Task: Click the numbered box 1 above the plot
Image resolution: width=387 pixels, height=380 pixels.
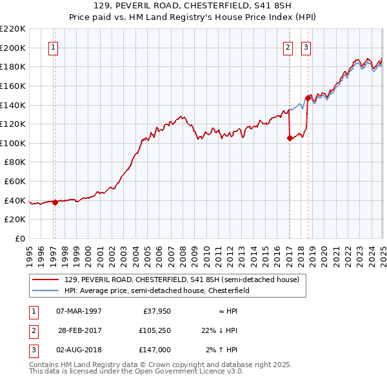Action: coord(52,47)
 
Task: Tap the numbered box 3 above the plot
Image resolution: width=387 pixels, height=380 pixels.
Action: coord(305,47)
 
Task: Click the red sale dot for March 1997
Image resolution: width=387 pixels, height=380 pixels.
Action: coord(55,202)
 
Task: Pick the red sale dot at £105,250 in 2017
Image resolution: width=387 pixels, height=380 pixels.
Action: coord(290,138)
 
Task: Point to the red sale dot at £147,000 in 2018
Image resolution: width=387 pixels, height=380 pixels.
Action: coord(308,98)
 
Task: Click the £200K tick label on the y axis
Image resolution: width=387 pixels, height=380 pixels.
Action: coord(13,48)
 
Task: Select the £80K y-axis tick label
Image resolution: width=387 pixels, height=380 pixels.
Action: coord(15,162)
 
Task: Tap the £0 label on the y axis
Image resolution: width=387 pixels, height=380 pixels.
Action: coord(19,238)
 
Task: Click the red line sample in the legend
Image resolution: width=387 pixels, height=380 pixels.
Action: coord(45,280)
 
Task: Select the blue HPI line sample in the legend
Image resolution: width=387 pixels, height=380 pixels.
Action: coord(45,291)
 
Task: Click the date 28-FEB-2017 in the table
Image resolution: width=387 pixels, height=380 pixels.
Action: coord(79,330)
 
